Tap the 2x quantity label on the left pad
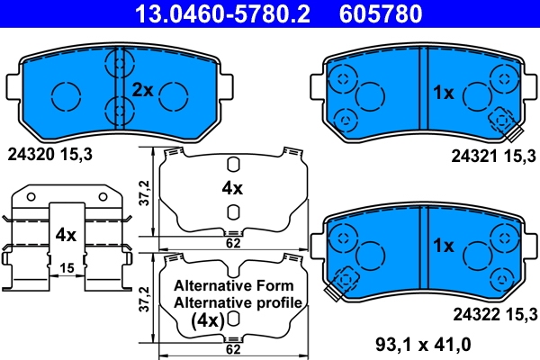(x=144, y=90)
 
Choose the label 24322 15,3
(x=493, y=312)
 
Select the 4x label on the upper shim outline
(x=232, y=188)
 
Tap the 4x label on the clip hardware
(x=64, y=235)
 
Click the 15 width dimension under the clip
(x=65, y=268)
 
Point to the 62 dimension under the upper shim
(x=233, y=243)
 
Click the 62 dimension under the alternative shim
(x=233, y=348)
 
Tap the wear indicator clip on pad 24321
(x=503, y=123)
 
